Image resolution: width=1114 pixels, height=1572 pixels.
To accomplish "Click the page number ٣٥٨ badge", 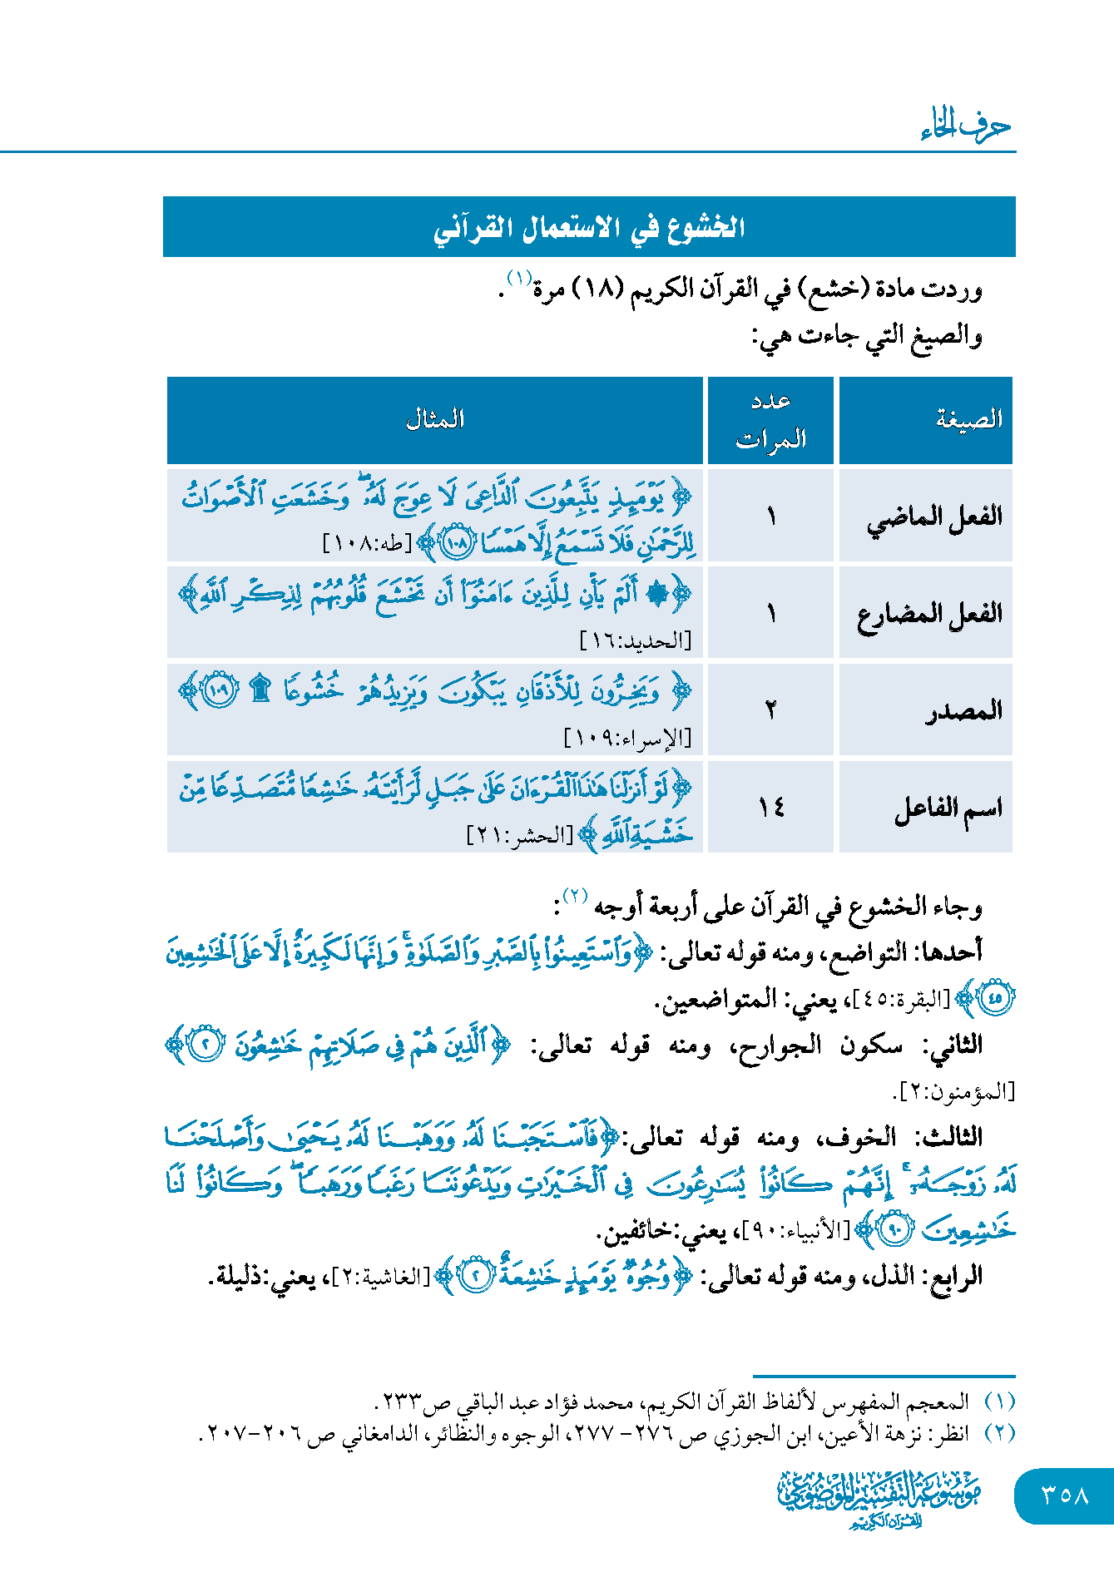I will click(1064, 1495).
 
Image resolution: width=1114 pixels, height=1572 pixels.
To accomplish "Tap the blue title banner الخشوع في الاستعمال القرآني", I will click(589, 227).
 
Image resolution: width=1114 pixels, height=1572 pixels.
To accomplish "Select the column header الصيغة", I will click(968, 419).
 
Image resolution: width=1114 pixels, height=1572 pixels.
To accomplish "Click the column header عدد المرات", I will click(770, 420).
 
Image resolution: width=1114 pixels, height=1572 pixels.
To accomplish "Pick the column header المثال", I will click(435, 420).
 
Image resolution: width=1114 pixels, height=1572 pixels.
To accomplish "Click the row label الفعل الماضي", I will click(934, 517).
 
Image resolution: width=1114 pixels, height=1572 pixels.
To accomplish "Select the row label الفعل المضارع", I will click(929, 614).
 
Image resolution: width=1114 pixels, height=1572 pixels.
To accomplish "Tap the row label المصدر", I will click(963, 711).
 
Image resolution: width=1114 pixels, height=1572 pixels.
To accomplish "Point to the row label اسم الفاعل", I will click(948, 808).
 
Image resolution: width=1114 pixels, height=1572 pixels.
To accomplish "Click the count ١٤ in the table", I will click(770, 808).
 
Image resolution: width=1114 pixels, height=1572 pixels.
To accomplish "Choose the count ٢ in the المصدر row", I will click(770, 710).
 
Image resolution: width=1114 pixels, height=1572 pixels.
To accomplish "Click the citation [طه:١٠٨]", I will click(367, 545).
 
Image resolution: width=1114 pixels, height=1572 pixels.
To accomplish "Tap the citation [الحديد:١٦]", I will click(635, 641).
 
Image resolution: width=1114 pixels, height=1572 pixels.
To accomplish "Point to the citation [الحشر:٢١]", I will click(521, 835).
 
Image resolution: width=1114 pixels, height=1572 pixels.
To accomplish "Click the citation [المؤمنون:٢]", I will click(953, 1091).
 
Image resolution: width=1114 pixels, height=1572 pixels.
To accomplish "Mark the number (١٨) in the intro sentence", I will click(597, 289).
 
